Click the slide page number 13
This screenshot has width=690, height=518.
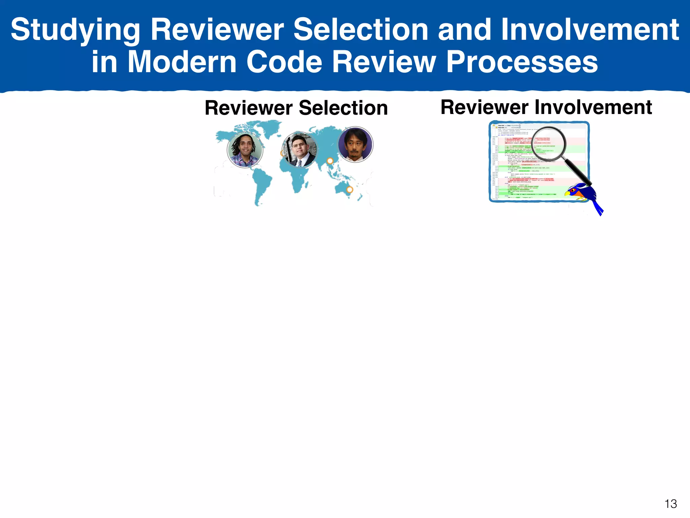click(x=670, y=504)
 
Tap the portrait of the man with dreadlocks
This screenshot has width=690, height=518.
click(x=245, y=150)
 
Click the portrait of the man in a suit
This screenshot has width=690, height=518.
click(x=300, y=149)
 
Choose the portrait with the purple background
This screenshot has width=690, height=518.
click(x=355, y=145)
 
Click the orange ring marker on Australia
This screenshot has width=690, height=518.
click(x=350, y=190)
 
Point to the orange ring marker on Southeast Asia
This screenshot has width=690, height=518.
click(x=330, y=161)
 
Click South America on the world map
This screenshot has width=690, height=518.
click(x=263, y=185)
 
